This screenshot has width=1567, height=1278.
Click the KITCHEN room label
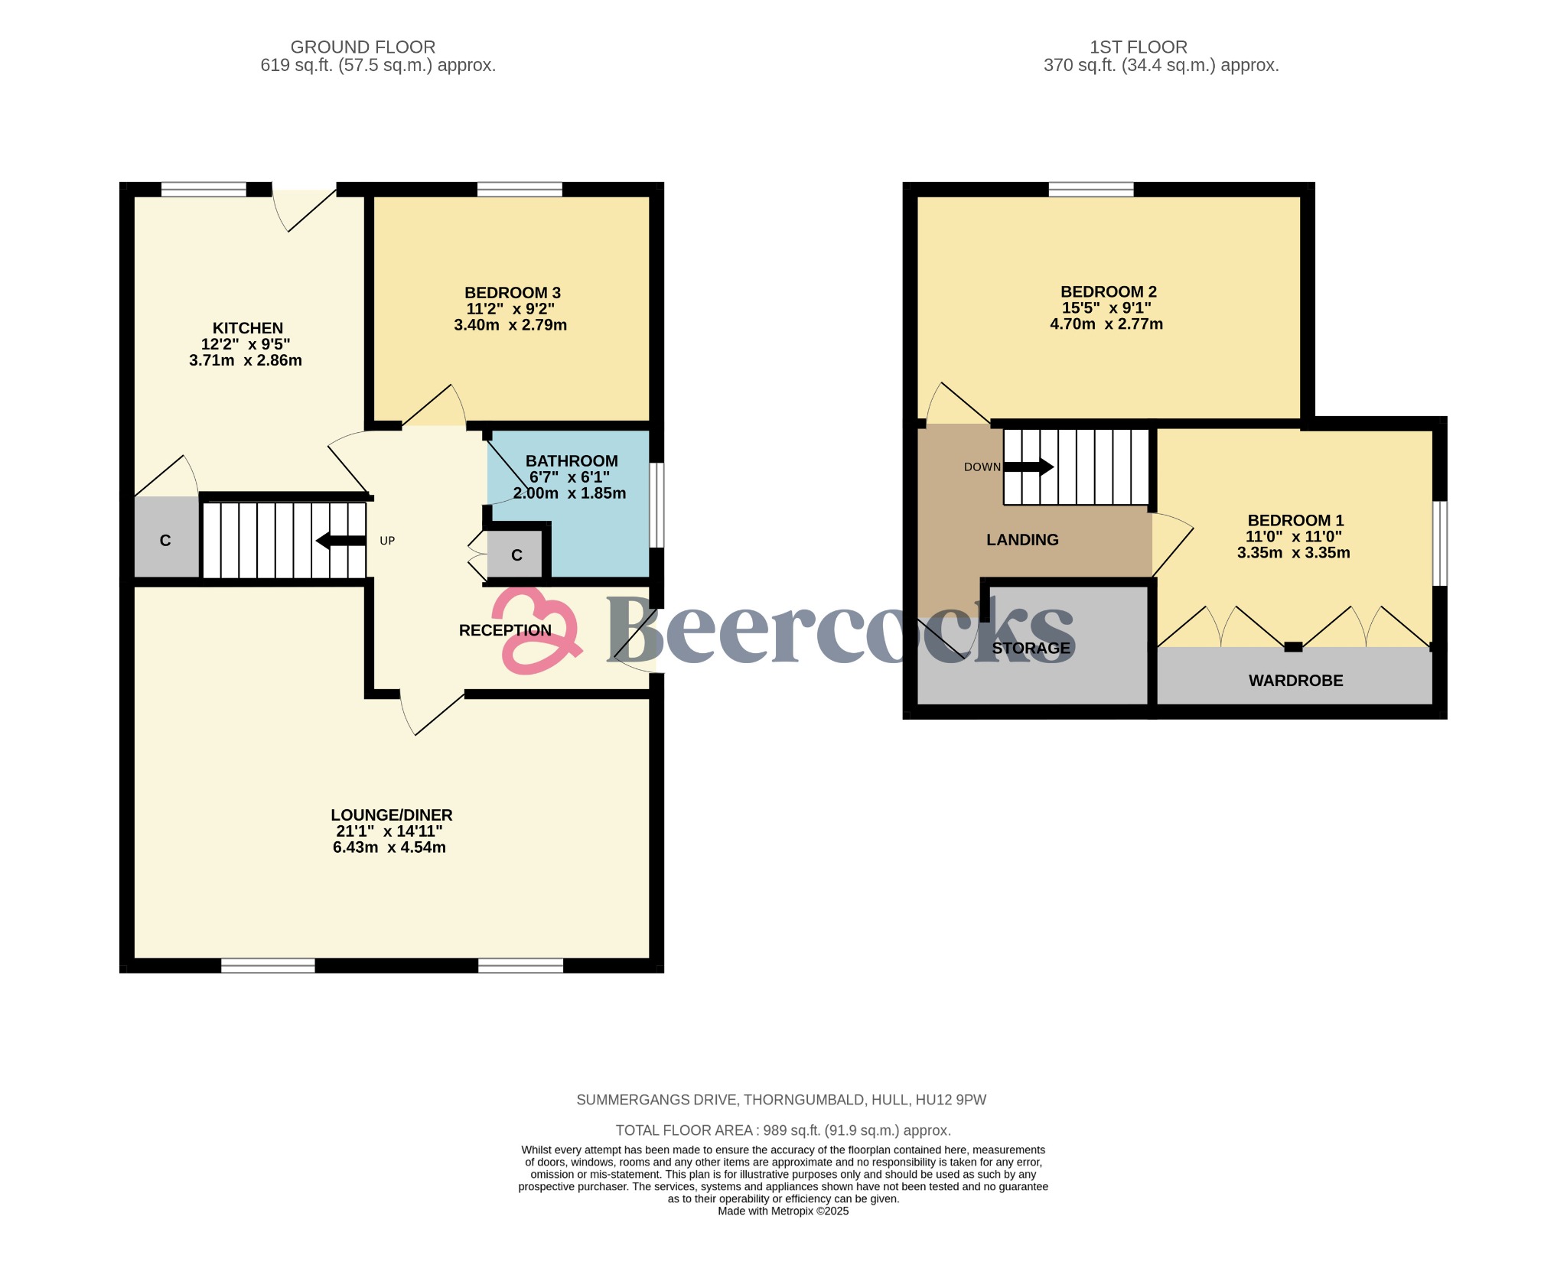pyautogui.click(x=247, y=328)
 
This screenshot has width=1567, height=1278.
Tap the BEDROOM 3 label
pyautogui.click(x=512, y=293)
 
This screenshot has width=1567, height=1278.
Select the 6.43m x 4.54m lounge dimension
pyautogui.click(x=389, y=847)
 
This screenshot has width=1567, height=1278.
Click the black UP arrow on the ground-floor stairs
pyautogui.click(x=340, y=541)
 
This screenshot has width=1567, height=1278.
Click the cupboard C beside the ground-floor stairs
pyautogui.click(x=165, y=541)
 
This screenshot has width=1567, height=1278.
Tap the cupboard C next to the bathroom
pyautogui.click(x=516, y=555)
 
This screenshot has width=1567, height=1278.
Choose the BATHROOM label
pyautogui.click(x=571, y=461)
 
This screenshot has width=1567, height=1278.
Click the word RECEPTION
pyautogui.click(x=504, y=630)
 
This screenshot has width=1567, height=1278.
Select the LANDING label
pyautogui.click(x=1021, y=540)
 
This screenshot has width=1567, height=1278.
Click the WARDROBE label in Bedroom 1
pyautogui.click(x=1295, y=681)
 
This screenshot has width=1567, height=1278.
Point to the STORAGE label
pyautogui.click(x=1030, y=649)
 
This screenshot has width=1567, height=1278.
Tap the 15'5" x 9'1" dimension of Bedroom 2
pyautogui.click(x=1106, y=308)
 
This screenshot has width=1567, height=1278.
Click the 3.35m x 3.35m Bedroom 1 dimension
pyautogui.click(x=1292, y=553)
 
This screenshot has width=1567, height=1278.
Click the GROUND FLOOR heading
pyautogui.click(x=363, y=47)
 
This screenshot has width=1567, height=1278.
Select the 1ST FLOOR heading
pyautogui.click(x=1138, y=47)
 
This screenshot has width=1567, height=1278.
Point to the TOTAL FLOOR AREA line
pyautogui.click(x=783, y=1130)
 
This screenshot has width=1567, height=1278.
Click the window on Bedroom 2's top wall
pyautogui.click(x=1090, y=189)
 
